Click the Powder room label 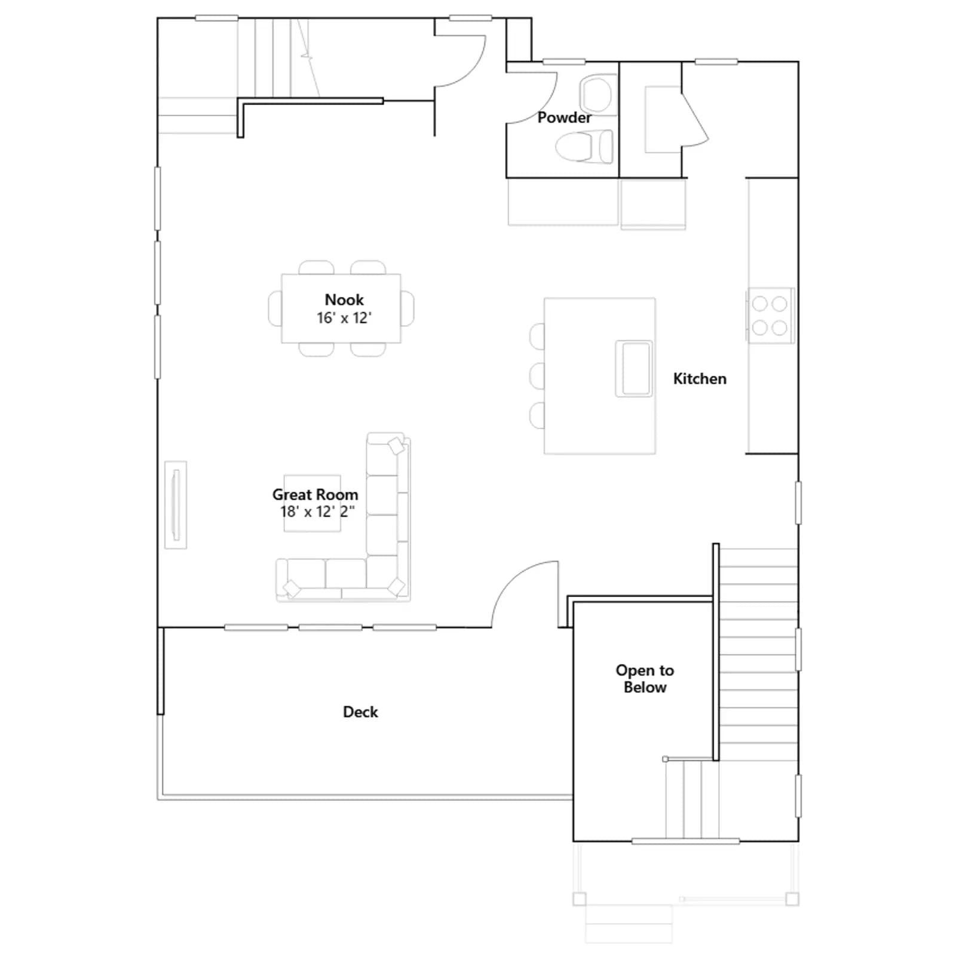[564, 117]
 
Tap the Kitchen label [700, 379]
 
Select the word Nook [344, 299]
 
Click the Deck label [360, 712]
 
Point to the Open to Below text [645, 679]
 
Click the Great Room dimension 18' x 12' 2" [317, 511]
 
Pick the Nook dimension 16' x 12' [344, 318]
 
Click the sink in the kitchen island [634, 369]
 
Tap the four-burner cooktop [771, 315]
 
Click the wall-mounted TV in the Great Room [176, 505]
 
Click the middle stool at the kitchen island [537, 376]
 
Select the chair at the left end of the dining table [275, 308]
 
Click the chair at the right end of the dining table [407, 308]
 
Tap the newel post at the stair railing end [666, 759]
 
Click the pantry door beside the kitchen [695, 116]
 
